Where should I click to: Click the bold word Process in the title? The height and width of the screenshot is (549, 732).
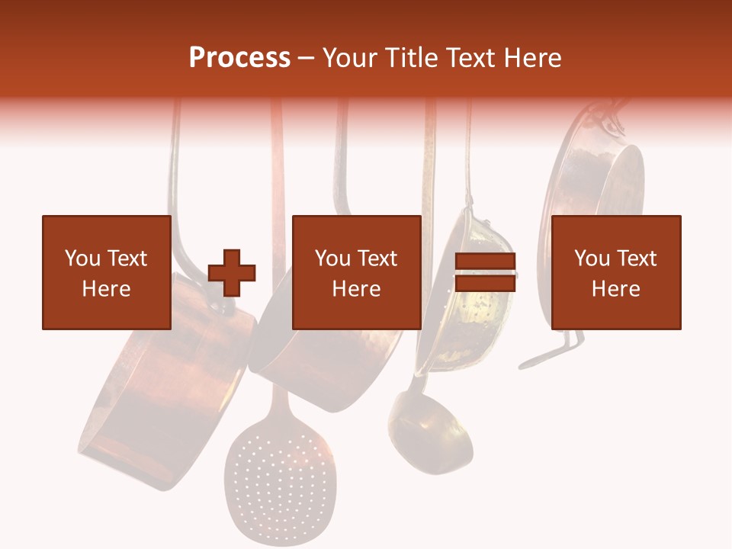click(x=239, y=58)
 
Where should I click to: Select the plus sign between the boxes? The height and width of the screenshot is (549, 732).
click(x=232, y=272)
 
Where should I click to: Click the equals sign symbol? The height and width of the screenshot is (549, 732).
click(x=485, y=272)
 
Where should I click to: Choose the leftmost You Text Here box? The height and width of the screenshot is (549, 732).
click(x=107, y=272)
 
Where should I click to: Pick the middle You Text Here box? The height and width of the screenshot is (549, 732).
click(x=356, y=272)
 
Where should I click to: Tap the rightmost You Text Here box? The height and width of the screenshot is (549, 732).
click(x=615, y=272)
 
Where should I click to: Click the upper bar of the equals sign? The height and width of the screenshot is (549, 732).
click(x=485, y=262)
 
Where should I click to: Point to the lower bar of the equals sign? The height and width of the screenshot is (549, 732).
click(x=485, y=284)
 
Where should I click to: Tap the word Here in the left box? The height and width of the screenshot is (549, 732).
click(x=107, y=289)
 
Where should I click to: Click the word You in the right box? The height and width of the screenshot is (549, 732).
click(x=590, y=258)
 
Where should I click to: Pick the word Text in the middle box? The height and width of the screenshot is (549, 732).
click(x=377, y=258)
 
